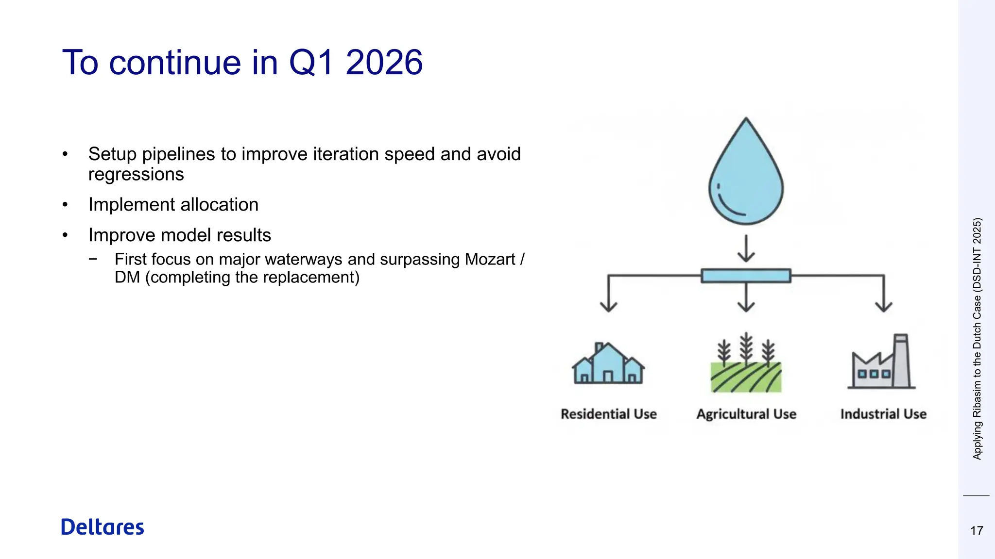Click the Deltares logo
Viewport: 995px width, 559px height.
click(103, 527)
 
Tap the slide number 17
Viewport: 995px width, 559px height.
click(977, 531)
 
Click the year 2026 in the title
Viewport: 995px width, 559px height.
click(384, 63)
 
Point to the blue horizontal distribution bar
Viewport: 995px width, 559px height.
click(746, 276)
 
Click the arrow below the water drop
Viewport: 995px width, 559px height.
click(746, 248)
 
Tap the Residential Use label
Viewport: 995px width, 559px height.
click(608, 414)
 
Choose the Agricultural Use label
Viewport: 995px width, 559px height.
click(746, 414)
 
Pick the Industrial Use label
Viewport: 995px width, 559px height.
click(883, 414)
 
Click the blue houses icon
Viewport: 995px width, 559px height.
click(608, 365)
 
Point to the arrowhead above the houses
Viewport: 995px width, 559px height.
click(608, 306)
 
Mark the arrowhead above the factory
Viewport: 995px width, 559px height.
click(883, 306)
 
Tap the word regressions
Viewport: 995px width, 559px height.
click(136, 174)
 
